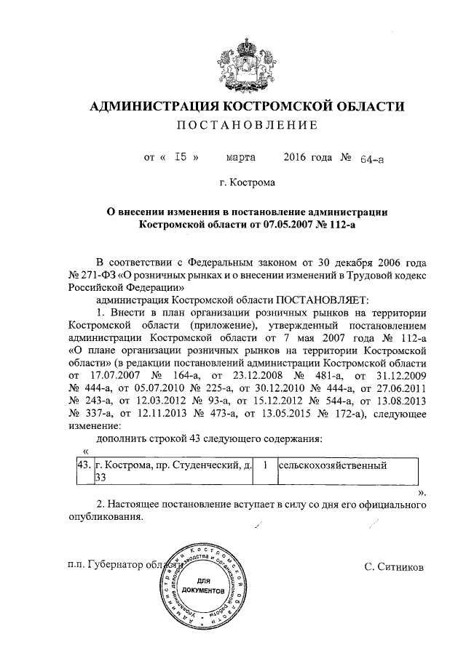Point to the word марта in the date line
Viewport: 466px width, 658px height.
click(240, 157)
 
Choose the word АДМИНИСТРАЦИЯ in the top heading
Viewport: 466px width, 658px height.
click(152, 107)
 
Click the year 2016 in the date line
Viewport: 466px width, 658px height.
click(298, 157)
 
